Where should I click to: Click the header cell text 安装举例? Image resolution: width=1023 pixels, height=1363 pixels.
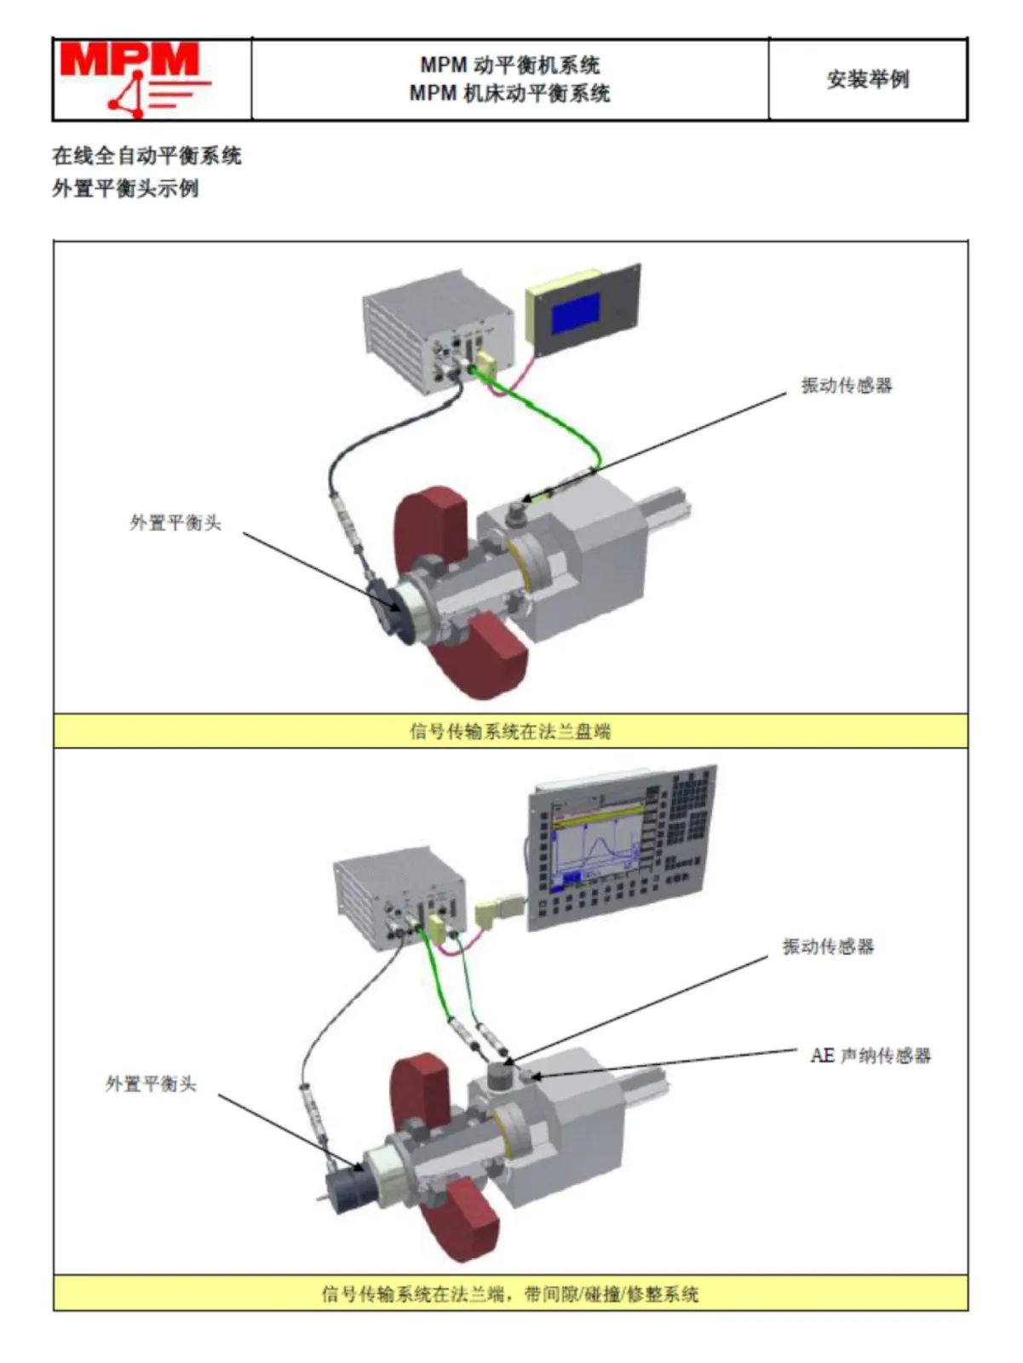(867, 79)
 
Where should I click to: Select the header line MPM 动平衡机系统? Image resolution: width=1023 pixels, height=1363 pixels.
(509, 65)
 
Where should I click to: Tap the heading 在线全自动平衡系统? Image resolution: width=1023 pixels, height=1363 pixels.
(147, 156)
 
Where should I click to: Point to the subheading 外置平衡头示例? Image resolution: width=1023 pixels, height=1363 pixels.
(125, 188)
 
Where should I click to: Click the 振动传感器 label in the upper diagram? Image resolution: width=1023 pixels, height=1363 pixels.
(846, 386)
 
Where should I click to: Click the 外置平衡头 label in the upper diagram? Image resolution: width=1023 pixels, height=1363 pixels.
(175, 523)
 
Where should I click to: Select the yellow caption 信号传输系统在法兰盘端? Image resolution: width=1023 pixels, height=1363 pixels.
(510, 731)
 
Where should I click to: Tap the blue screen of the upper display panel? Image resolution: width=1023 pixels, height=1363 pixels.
(575, 313)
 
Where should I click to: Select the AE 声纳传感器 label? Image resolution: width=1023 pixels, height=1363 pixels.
(870, 1056)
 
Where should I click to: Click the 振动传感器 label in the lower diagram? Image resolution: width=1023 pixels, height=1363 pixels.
(828, 946)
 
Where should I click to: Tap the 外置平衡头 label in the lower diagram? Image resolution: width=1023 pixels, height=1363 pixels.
(151, 1084)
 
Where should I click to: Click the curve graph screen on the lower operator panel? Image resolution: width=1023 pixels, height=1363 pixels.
(596, 848)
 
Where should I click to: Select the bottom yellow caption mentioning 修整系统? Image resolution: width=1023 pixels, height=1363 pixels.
(510, 1294)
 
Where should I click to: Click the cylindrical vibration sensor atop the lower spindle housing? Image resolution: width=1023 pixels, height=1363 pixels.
(501, 1078)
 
